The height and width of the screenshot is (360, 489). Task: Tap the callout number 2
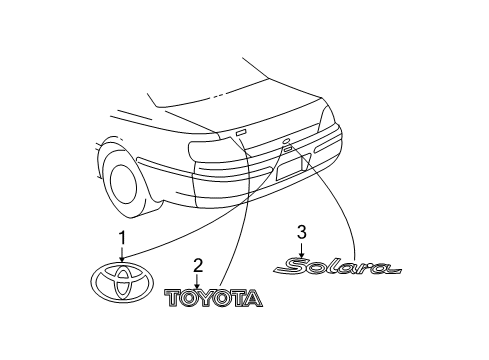click(x=198, y=265)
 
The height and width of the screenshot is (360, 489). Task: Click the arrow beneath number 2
click(x=198, y=281)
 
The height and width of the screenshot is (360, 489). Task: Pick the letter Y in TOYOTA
click(x=209, y=298)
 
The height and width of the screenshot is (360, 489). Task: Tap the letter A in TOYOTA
click(x=252, y=298)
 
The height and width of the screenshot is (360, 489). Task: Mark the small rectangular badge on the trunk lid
click(x=240, y=132)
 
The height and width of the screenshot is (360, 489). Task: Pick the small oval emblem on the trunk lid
click(x=287, y=140)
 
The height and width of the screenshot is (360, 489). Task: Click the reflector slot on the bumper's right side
click(x=307, y=160)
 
